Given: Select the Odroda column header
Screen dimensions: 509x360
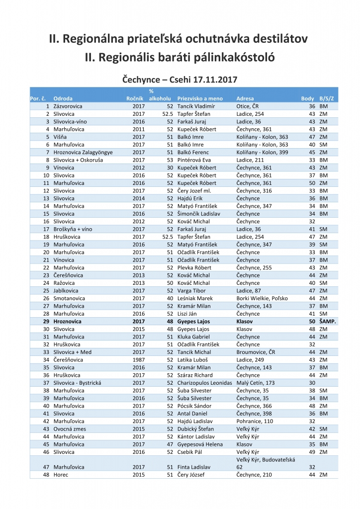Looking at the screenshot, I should tap(63, 98).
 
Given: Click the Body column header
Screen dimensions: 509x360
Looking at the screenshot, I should tap(307, 98).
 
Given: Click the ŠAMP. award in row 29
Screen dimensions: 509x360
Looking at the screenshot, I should tap(328, 322).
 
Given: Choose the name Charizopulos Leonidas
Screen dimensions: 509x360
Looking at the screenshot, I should tap(204, 383).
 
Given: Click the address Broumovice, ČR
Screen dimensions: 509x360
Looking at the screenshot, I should tap(256, 352).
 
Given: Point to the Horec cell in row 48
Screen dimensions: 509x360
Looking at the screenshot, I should tap(61, 475).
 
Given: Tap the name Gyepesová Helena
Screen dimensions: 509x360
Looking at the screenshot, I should tap(200, 444).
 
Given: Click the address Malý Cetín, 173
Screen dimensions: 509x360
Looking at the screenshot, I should tap(256, 383).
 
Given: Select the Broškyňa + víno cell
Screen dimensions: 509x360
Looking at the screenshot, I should tap(75, 229).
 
